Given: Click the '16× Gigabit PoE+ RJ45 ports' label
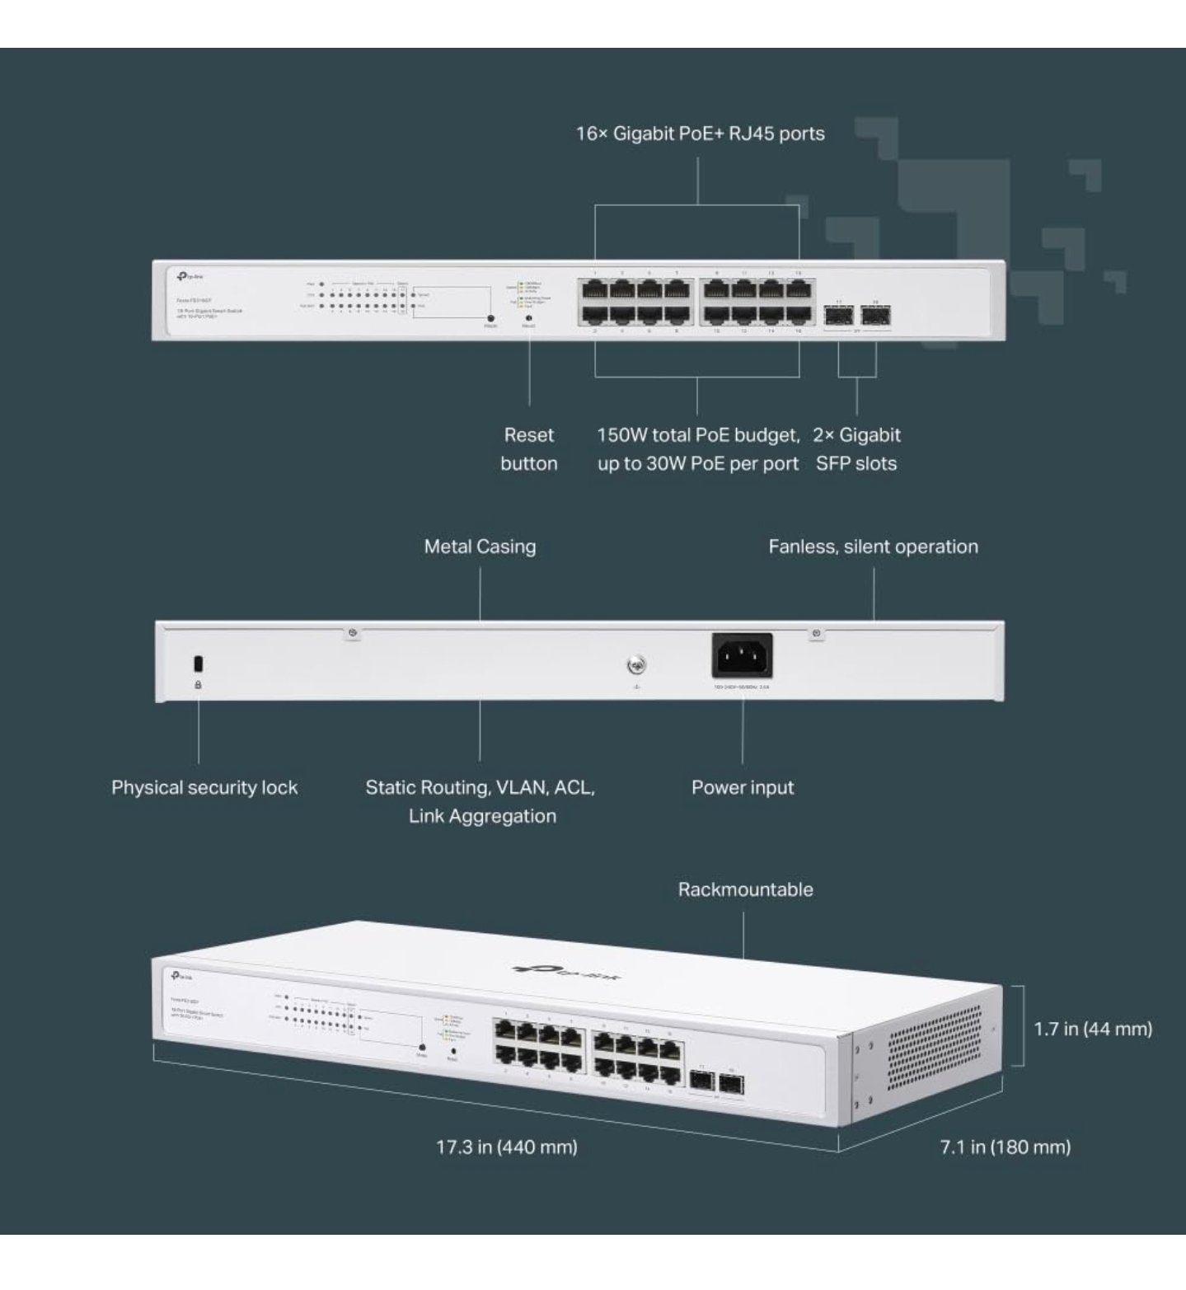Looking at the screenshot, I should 700,134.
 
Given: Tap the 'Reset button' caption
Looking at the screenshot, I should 528,448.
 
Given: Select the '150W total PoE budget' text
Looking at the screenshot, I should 698,435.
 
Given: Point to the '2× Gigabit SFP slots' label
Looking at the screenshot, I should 856,448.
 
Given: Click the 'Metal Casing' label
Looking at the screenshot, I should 480,546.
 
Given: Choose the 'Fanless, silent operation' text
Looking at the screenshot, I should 873,546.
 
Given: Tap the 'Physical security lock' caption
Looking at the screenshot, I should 204,787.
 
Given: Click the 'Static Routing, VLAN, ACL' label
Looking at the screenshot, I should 480,787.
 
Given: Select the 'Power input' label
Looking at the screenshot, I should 742,787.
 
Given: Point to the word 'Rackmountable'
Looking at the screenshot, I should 745,889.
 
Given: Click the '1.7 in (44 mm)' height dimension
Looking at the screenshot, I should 1093,1028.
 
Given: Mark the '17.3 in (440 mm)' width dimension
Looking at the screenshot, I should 506,1147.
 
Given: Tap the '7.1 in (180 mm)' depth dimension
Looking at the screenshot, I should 1005,1147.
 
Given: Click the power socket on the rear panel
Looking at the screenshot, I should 742,656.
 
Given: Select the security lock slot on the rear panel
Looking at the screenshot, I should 198,664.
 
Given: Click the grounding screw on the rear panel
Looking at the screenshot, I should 636,665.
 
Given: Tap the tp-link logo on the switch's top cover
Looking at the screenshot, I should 567,973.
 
